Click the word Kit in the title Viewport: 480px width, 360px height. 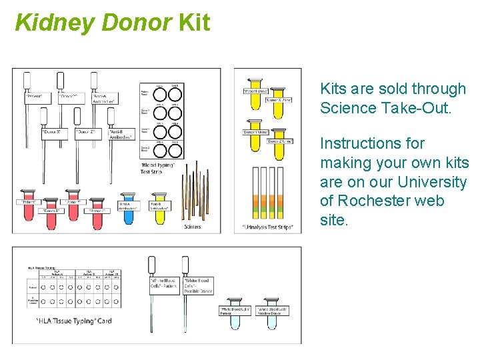click(x=194, y=22)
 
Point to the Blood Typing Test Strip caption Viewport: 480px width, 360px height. click(x=159, y=167)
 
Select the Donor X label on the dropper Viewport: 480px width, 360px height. click(x=53, y=132)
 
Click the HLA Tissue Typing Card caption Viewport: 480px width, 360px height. click(x=73, y=321)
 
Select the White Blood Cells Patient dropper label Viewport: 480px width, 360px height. click(x=165, y=285)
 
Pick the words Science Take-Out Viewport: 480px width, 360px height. click(x=385, y=108)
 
